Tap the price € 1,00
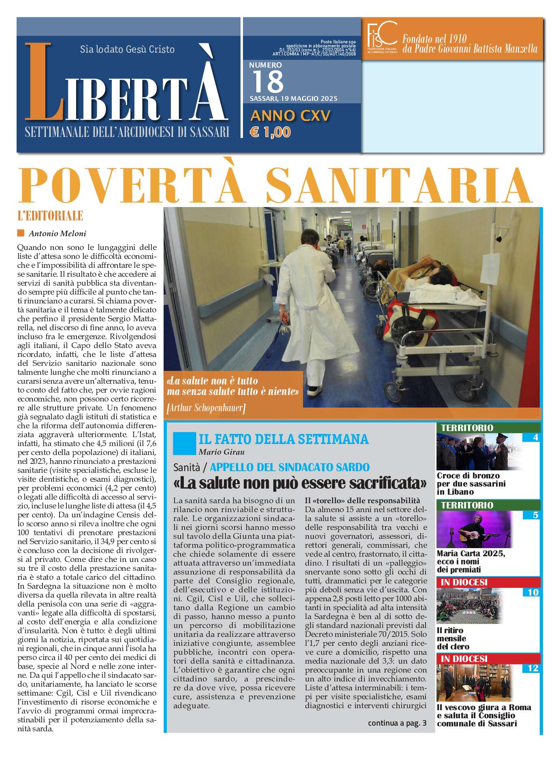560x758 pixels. pos(270,132)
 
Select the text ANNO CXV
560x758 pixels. pos(290,116)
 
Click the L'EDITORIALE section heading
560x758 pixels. pos(51,216)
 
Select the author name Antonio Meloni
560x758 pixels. pos(57,233)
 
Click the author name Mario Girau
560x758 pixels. pos(221,452)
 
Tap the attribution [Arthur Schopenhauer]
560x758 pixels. pos(206,408)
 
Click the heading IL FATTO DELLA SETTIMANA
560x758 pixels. pos(283,439)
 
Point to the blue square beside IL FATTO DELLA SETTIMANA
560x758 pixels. pos(184,443)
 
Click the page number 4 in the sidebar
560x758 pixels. pos(535,438)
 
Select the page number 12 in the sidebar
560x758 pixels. pos(532,668)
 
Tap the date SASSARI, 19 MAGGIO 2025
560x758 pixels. pos(293,98)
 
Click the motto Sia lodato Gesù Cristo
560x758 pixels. pos(127,49)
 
